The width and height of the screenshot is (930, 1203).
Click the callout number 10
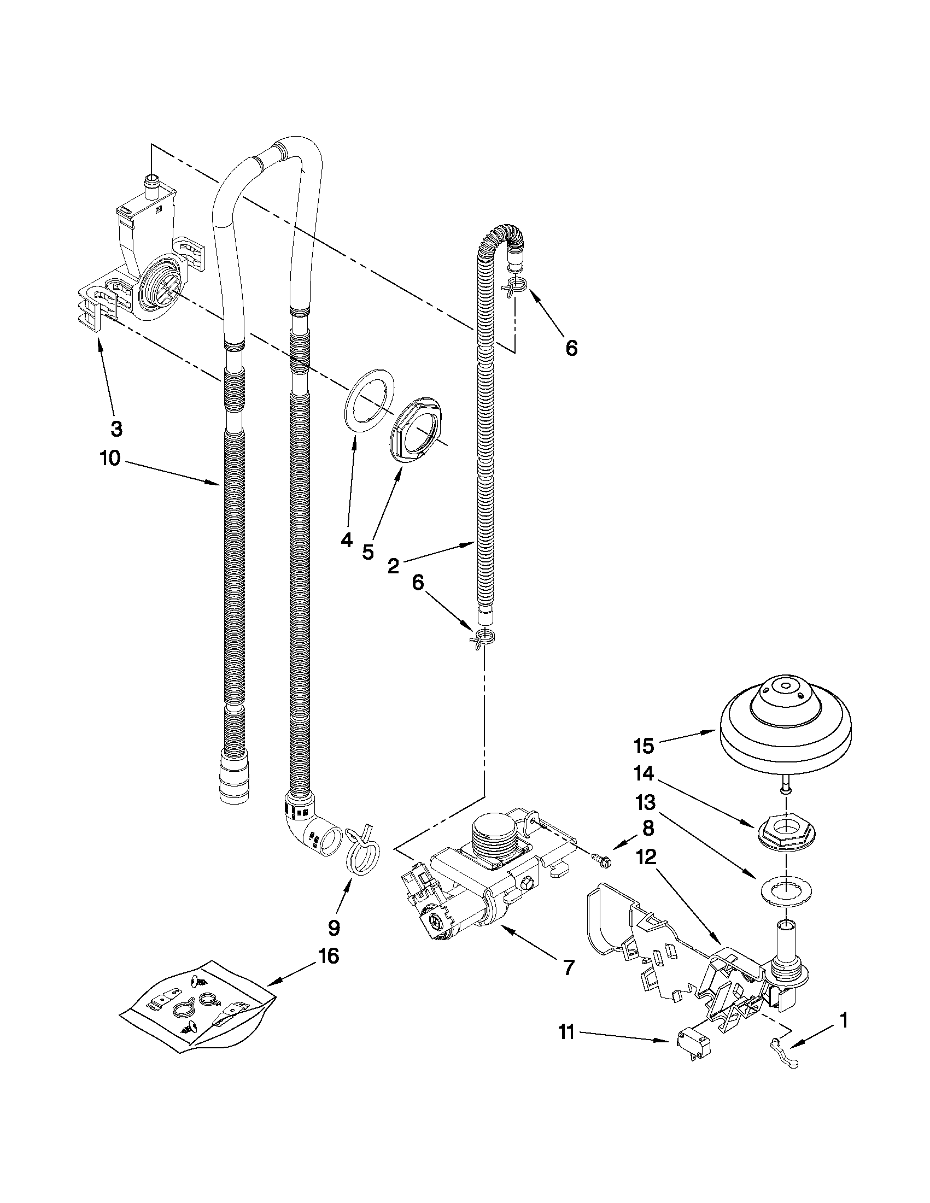pos(110,458)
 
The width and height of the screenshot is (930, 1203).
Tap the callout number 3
pos(116,429)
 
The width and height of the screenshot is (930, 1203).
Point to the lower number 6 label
pos(418,583)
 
